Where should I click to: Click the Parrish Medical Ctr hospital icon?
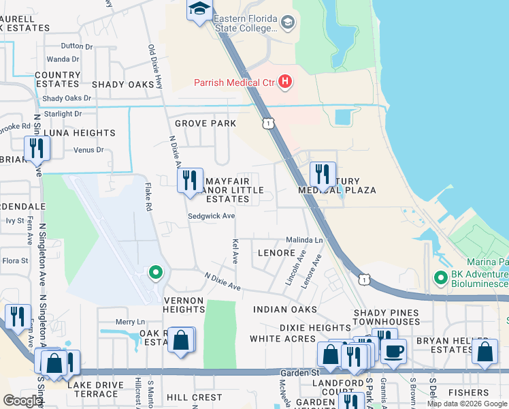[285, 82]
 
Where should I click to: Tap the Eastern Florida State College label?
[246, 24]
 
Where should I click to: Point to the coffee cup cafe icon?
[394, 351]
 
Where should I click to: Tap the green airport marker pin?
[156, 273]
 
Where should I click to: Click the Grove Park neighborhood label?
[205, 123]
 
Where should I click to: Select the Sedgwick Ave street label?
[212, 216]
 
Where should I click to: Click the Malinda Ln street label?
[303, 241]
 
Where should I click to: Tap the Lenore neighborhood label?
[276, 252]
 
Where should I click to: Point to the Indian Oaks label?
[285, 309]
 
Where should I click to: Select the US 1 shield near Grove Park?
[269, 123]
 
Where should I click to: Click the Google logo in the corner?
[22, 401]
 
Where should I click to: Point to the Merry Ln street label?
[131, 322]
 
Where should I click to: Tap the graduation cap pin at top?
[199, 10]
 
